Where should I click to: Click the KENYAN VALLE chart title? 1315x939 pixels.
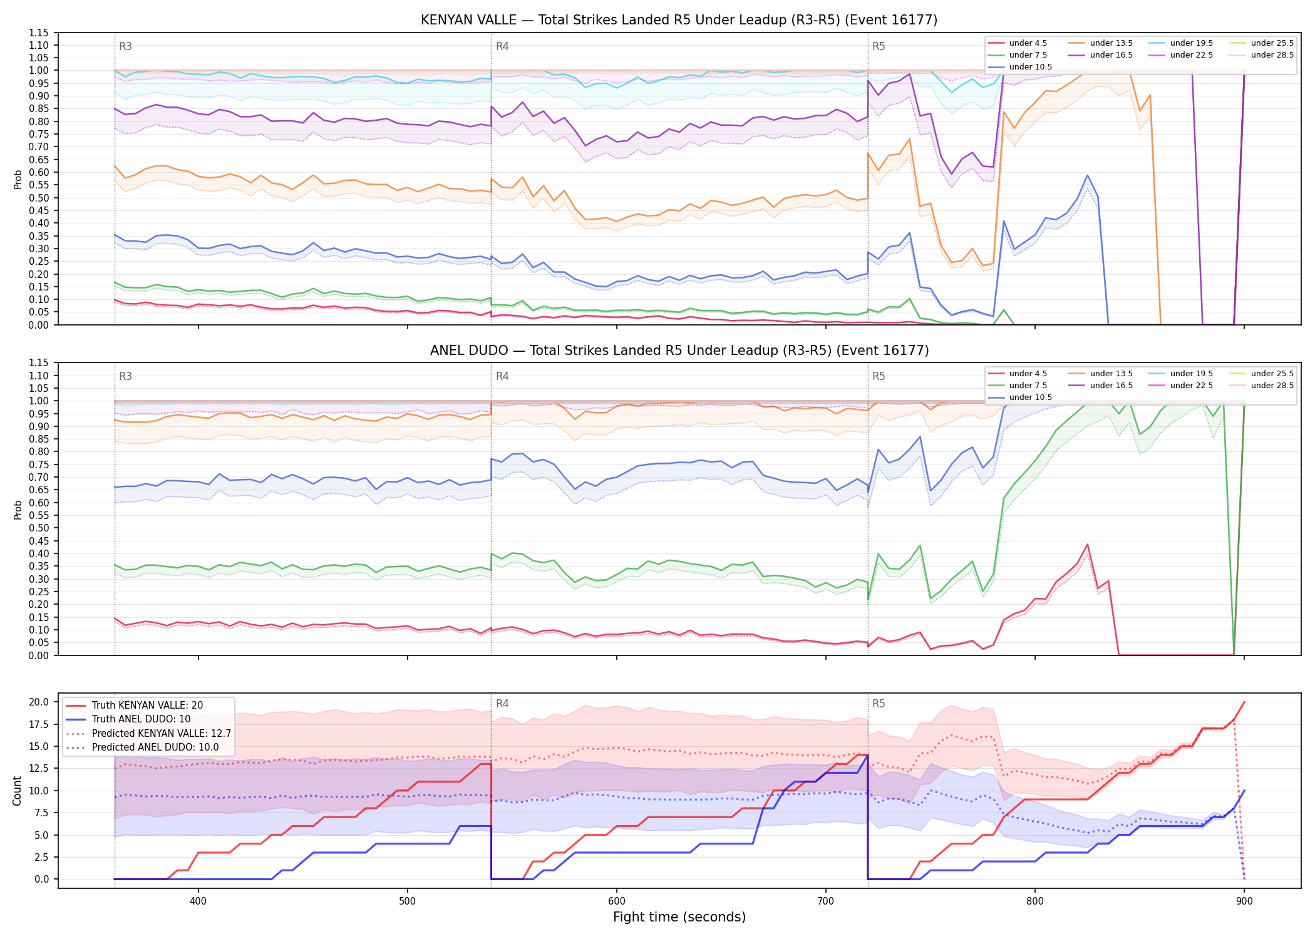point(679,20)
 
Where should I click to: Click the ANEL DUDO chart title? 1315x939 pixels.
point(679,351)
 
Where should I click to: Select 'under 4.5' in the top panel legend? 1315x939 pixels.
point(1028,43)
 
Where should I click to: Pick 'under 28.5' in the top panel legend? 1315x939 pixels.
point(1272,55)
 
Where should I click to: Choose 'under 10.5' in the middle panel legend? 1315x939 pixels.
point(1030,398)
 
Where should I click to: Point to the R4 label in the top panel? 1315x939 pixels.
point(502,46)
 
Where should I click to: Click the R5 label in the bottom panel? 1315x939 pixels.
point(879,704)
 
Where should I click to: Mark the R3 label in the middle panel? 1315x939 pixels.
point(125,376)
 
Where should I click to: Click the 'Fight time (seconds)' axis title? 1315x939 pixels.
point(679,917)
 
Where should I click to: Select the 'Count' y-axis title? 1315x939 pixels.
point(17,791)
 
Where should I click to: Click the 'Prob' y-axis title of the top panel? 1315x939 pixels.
point(18,179)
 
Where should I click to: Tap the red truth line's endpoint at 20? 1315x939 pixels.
point(1244,702)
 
